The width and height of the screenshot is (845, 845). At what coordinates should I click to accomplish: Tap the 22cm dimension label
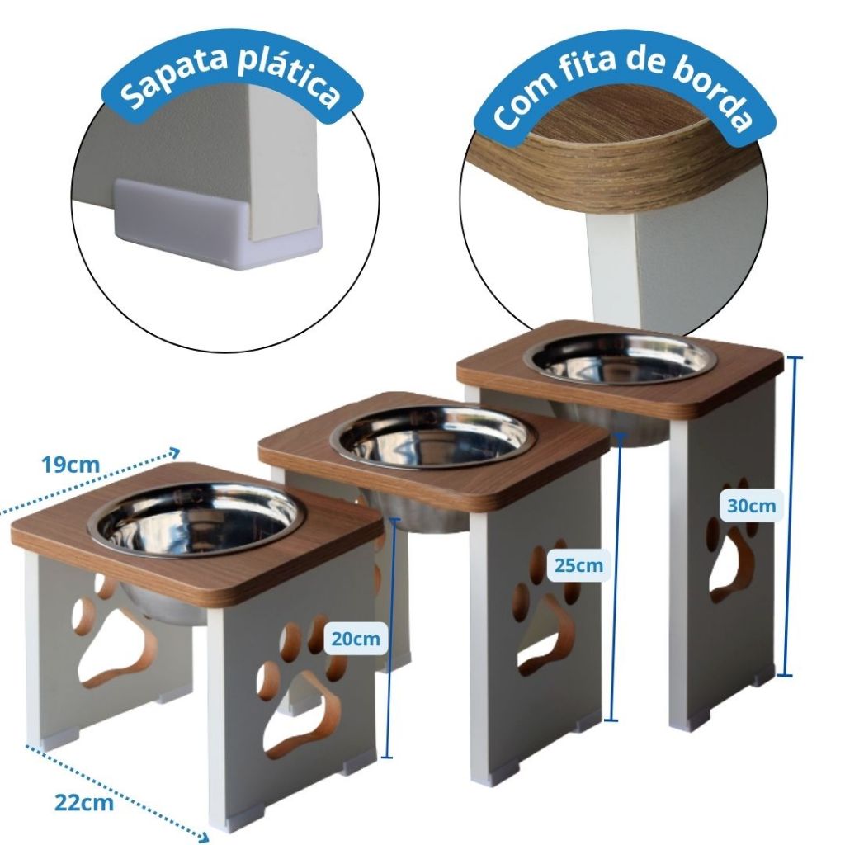[x=84, y=802]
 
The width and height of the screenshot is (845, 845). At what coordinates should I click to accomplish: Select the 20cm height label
[x=356, y=639]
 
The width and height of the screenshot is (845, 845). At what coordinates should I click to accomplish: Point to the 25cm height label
[x=578, y=566]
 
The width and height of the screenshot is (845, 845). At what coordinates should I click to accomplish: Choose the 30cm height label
[x=751, y=506]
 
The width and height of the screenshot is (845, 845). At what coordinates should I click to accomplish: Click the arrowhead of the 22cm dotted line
[x=204, y=837]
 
